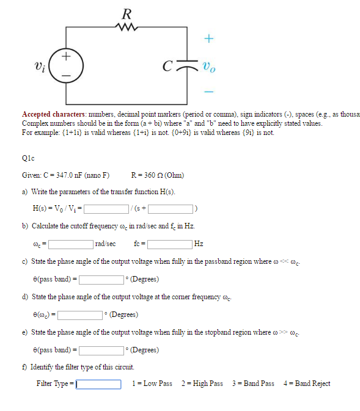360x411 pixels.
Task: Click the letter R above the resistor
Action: click(x=127, y=12)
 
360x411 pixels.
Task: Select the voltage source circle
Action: click(x=67, y=64)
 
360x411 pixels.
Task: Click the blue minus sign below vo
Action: click(x=208, y=92)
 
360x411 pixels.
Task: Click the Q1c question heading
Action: click(x=29, y=157)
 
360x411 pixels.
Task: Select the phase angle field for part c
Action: click(x=100, y=280)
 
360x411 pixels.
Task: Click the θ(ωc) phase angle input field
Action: click(x=79, y=315)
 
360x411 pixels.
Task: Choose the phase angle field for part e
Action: click(x=100, y=351)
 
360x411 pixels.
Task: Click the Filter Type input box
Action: click(x=98, y=384)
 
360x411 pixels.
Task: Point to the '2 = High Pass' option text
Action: click(x=202, y=384)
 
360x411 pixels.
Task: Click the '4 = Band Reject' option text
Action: click(x=307, y=384)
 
